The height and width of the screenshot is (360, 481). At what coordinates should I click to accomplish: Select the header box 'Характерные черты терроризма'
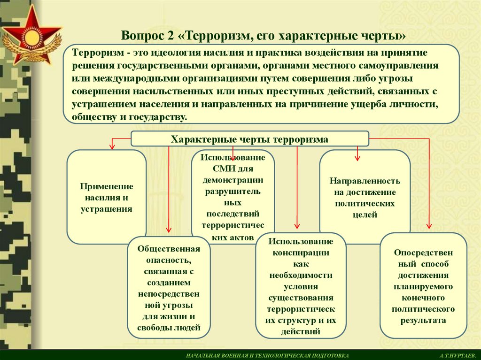[x=249, y=139]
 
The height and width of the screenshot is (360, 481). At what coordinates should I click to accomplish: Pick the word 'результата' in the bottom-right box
[x=423, y=321]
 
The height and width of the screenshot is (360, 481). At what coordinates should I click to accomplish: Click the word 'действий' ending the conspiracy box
[x=301, y=332]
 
